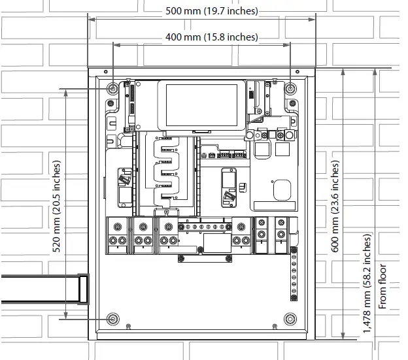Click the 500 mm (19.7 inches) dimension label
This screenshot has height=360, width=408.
click(x=212, y=11)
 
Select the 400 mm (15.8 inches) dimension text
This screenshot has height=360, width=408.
click(x=212, y=37)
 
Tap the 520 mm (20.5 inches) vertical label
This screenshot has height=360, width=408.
click(x=56, y=206)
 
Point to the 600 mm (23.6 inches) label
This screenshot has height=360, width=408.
click(x=335, y=206)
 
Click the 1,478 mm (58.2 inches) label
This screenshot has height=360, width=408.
click(x=367, y=284)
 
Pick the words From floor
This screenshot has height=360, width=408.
click(x=382, y=286)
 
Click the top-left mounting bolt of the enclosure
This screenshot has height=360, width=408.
click(x=113, y=89)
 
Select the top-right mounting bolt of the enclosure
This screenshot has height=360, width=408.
click(x=290, y=89)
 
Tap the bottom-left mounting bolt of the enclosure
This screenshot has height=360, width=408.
click(x=113, y=319)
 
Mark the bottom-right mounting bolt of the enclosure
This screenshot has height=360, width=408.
click(x=290, y=319)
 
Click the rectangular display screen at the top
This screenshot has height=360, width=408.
click(x=201, y=105)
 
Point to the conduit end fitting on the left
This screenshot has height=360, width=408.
click(x=84, y=289)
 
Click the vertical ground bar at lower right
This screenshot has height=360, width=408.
click(x=294, y=274)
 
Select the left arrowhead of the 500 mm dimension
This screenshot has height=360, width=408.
click(x=92, y=19)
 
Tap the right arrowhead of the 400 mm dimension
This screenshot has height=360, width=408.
click(x=286, y=45)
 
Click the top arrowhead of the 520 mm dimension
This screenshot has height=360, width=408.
click(x=66, y=93)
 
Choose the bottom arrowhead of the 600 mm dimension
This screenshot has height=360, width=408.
click(x=343, y=336)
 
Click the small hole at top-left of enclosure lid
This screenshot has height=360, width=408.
click(x=106, y=71)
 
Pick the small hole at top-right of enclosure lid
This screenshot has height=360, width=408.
click(x=297, y=71)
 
